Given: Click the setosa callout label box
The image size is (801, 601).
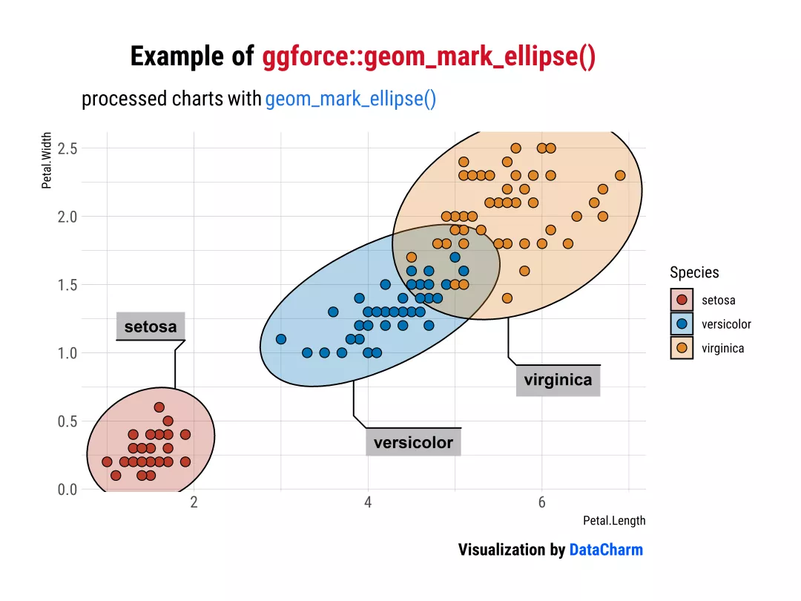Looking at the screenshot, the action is pyautogui.click(x=151, y=326).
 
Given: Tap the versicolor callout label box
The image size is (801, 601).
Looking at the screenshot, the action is pyautogui.click(x=413, y=442).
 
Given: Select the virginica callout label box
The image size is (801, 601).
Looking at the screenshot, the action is pyautogui.click(x=558, y=380).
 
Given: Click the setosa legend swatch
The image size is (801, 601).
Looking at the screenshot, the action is pyautogui.click(x=682, y=300).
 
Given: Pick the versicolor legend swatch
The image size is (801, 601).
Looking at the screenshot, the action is pyautogui.click(x=682, y=324).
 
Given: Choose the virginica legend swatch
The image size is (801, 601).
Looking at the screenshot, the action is pyautogui.click(x=682, y=348).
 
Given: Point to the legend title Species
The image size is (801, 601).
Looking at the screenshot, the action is pyautogui.click(x=694, y=273).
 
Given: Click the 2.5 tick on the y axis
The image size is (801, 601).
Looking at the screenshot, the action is pyautogui.click(x=67, y=148).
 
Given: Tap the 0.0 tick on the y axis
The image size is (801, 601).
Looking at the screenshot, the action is pyautogui.click(x=67, y=490).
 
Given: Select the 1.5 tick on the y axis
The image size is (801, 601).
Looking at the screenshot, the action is pyautogui.click(x=67, y=285).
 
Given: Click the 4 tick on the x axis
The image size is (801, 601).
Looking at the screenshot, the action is pyautogui.click(x=368, y=502).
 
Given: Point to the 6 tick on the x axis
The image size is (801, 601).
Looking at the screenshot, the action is pyautogui.click(x=541, y=502).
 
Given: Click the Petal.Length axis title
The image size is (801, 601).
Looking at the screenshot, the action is pyautogui.click(x=614, y=521).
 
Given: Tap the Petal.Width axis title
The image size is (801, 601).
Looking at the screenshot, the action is pyautogui.click(x=47, y=160).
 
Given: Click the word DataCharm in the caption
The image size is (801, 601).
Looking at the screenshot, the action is pyautogui.click(x=606, y=550).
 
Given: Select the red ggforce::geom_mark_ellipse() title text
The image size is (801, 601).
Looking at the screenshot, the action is pyautogui.click(x=429, y=56).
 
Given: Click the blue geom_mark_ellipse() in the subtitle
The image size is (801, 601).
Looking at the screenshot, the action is pyautogui.click(x=350, y=99).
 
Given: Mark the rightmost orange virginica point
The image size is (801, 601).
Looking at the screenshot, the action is pyautogui.click(x=620, y=176).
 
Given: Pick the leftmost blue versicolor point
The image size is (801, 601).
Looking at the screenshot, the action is pyautogui.click(x=281, y=339).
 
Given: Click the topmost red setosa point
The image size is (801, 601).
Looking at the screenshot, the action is pyautogui.click(x=159, y=407).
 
